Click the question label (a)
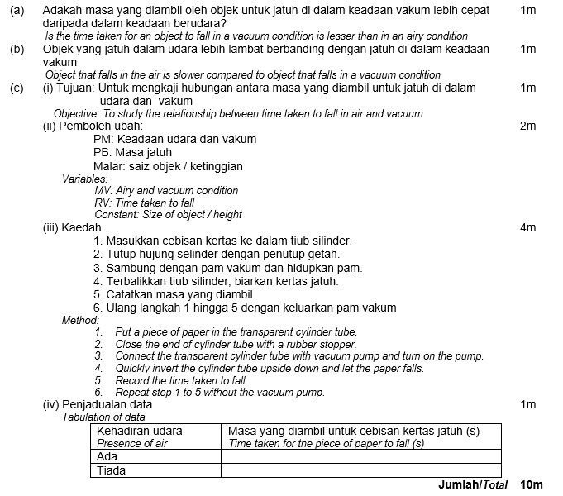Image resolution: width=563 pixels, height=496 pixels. (x=16, y=11)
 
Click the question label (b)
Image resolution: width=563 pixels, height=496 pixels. (x=16, y=49)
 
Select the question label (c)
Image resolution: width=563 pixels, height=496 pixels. (x=16, y=88)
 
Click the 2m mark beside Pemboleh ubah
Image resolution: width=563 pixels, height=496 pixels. (x=528, y=126)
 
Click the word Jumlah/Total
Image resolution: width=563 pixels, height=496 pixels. (x=472, y=484)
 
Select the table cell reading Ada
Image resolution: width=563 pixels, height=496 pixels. (x=107, y=456)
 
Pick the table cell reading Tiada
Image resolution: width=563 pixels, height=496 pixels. (x=112, y=470)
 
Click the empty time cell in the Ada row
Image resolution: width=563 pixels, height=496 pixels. (x=361, y=456)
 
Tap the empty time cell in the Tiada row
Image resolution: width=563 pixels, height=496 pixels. (x=361, y=470)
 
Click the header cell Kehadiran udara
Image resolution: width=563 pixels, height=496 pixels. (x=140, y=431)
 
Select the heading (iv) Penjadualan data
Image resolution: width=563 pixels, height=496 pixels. (x=97, y=405)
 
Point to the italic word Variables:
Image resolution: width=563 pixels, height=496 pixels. (x=84, y=179)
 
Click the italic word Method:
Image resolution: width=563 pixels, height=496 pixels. (x=80, y=320)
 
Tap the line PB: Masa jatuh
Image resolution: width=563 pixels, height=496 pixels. (x=132, y=152)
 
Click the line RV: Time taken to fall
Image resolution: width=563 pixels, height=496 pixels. (x=145, y=203)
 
